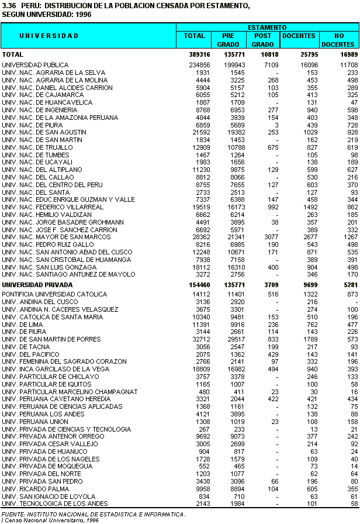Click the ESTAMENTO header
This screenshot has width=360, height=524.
266,27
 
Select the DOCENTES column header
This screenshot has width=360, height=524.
299,36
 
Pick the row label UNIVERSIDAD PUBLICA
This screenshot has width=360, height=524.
35,65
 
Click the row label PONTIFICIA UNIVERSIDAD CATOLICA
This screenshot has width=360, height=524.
55,294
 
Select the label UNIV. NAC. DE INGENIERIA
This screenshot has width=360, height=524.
40,110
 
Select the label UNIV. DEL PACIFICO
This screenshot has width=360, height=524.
30,354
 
